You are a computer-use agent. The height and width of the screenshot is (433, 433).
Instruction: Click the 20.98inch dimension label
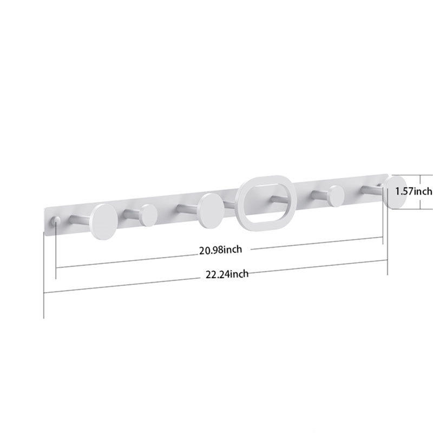220,250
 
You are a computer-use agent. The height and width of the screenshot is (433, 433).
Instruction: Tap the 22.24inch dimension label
227,274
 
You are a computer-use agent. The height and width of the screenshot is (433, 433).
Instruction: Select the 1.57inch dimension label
414,191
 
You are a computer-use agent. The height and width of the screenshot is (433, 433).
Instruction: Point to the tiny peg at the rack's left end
56,221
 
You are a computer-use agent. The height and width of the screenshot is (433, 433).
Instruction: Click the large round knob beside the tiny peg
103,222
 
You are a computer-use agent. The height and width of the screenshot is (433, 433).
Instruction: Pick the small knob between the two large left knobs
148,215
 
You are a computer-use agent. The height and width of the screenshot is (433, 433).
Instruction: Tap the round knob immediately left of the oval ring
212,211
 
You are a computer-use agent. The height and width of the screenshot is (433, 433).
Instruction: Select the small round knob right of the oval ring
336,196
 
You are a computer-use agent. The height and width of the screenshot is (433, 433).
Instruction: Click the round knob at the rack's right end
395,193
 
